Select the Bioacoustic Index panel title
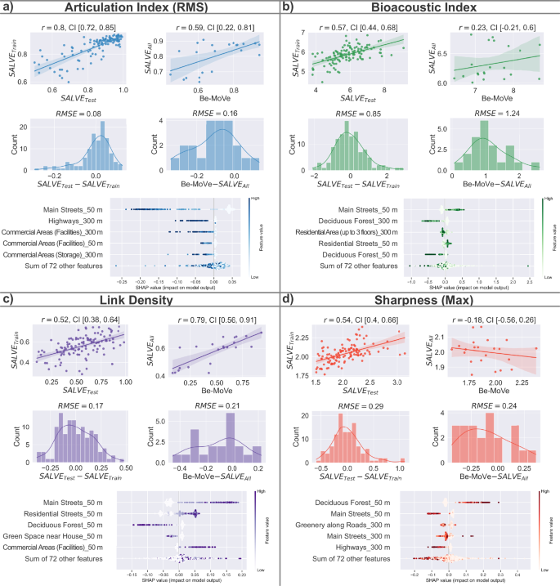pos(420,9)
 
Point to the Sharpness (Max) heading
pos(420,302)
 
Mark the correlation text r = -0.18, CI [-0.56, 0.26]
pos(488,314)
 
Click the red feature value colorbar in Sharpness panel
pos(540,535)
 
